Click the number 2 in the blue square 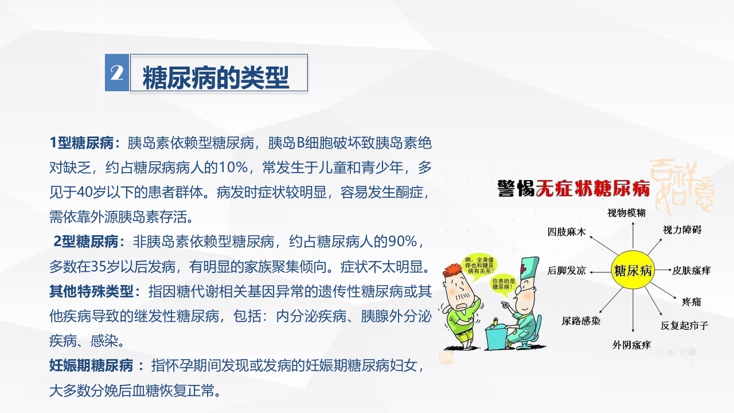(117, 73)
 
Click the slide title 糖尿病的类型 (216, 77)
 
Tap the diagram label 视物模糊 (627, 213)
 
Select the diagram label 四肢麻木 (567, 232)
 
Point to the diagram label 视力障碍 (682, 230)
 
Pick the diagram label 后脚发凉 (567, 270)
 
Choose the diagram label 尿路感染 (581, 321)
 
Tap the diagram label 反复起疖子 (684, 325)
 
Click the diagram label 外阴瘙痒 (631, 345)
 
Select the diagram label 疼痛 (692, 302)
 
